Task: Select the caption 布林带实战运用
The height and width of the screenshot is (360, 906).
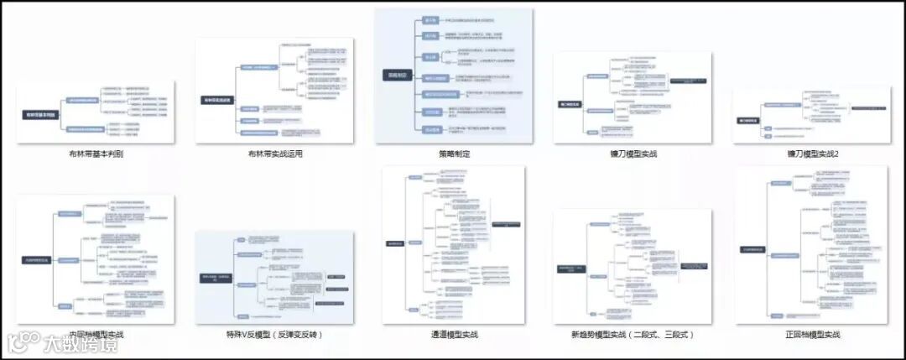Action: click(x=274, y=154)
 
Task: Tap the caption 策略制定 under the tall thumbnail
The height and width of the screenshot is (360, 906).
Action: click(x=454, y=154)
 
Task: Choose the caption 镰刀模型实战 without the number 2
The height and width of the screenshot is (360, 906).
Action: click(x=633, y=154)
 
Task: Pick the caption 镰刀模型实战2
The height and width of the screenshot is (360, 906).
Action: click(x=811, y=154)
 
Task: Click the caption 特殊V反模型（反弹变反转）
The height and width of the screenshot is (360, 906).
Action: click(x=274, y=334)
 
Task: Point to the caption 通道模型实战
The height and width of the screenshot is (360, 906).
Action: click(x=454, y=334)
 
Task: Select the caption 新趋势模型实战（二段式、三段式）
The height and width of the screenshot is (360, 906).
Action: click(x=633, y=334)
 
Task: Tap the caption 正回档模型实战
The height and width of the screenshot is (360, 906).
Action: click(x=811, y=334)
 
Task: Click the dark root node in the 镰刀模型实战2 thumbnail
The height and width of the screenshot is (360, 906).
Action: click(x=748, y=120)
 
